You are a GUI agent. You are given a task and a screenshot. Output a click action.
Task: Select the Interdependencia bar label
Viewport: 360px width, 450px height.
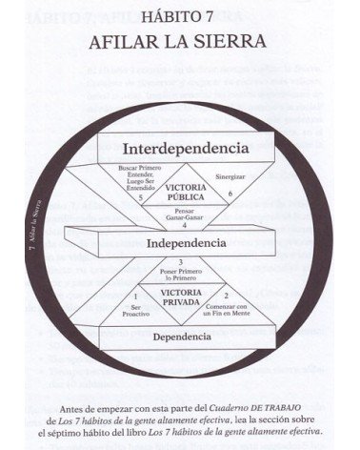tap(185, 149)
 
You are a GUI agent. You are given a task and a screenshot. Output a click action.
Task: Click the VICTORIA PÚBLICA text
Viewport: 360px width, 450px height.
tap(185, 194)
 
